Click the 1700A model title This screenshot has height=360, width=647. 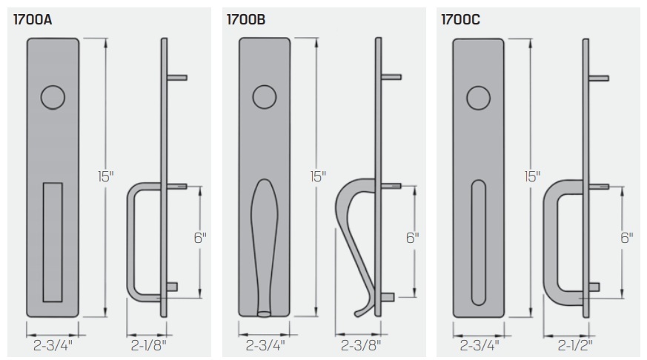[33, 20]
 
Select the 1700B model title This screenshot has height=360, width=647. [246, 20]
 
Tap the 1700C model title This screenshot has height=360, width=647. [460, 20]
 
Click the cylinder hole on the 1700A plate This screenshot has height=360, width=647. [52, 97]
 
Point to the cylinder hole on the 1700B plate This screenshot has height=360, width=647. [264, 97]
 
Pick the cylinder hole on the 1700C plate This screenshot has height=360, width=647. [478, 97]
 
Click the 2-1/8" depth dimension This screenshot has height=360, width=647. [148, 344]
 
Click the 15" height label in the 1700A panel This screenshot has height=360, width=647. [105, 176]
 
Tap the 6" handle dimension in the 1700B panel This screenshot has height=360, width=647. [413, 238]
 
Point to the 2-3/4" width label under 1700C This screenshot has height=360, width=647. [478, 344]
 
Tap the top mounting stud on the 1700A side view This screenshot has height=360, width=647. [177, 77]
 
